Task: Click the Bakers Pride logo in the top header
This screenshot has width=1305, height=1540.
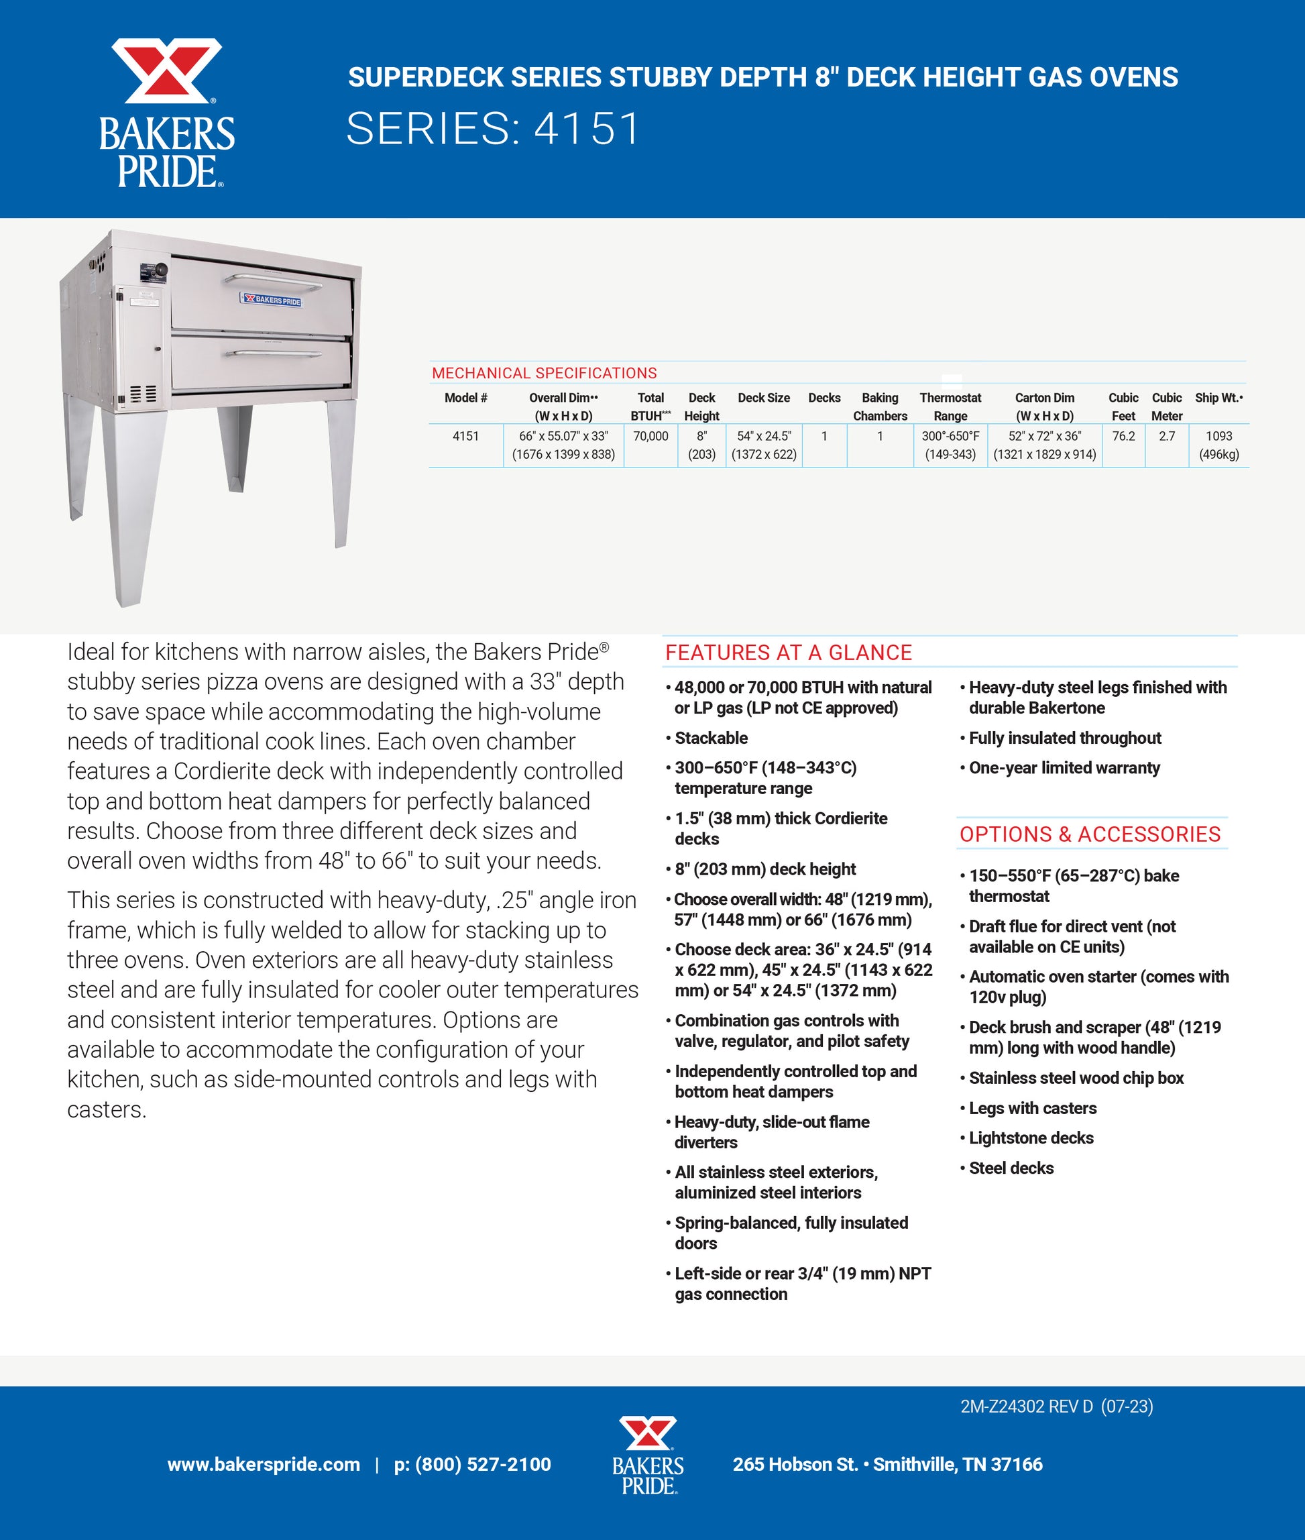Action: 167,113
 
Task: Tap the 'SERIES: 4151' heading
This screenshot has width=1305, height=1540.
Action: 493,129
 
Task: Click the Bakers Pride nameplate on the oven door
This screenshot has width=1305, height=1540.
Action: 272,300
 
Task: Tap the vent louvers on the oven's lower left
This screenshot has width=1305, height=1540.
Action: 143,393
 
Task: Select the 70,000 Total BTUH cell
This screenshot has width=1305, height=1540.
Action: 650,437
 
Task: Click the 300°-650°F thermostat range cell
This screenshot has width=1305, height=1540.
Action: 950,437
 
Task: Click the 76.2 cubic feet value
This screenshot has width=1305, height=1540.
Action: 1123,437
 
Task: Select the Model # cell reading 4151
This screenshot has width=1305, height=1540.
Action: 465,437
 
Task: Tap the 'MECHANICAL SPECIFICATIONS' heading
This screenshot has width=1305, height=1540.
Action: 545,374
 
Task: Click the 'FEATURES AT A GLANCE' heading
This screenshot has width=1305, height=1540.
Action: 789,653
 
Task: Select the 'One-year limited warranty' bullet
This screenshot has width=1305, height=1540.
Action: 1064,768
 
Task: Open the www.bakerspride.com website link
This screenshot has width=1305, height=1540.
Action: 264,1464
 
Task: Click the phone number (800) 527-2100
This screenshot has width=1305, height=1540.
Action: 473,1464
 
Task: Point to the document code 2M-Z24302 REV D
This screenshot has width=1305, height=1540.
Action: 1026,1407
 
